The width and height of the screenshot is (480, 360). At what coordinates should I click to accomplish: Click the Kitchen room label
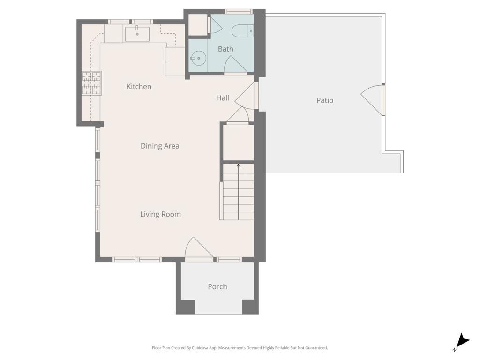139,87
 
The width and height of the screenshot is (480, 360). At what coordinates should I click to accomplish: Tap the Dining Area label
160,146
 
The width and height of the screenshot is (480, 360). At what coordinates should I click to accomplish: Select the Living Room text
160,214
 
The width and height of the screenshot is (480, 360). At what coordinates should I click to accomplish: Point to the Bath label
225,49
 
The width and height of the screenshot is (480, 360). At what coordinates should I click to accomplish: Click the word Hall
223,98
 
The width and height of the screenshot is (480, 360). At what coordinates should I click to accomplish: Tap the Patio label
325,100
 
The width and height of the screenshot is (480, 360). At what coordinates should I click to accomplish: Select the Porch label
217,286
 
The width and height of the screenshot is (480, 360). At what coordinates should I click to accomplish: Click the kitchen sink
137,34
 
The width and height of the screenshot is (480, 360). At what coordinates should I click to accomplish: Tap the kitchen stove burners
91,83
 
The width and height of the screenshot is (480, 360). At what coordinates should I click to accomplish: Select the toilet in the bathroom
242,31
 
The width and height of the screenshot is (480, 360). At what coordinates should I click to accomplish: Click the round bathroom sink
198,58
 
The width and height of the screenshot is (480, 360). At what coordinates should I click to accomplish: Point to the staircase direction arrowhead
239,166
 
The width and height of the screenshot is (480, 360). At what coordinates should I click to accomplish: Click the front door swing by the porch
198,248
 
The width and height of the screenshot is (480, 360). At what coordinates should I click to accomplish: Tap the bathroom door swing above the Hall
235,65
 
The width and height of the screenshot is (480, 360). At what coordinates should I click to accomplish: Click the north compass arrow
462,341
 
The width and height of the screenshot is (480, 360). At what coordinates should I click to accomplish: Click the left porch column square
186,307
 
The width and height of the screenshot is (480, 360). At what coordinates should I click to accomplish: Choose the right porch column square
250,307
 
